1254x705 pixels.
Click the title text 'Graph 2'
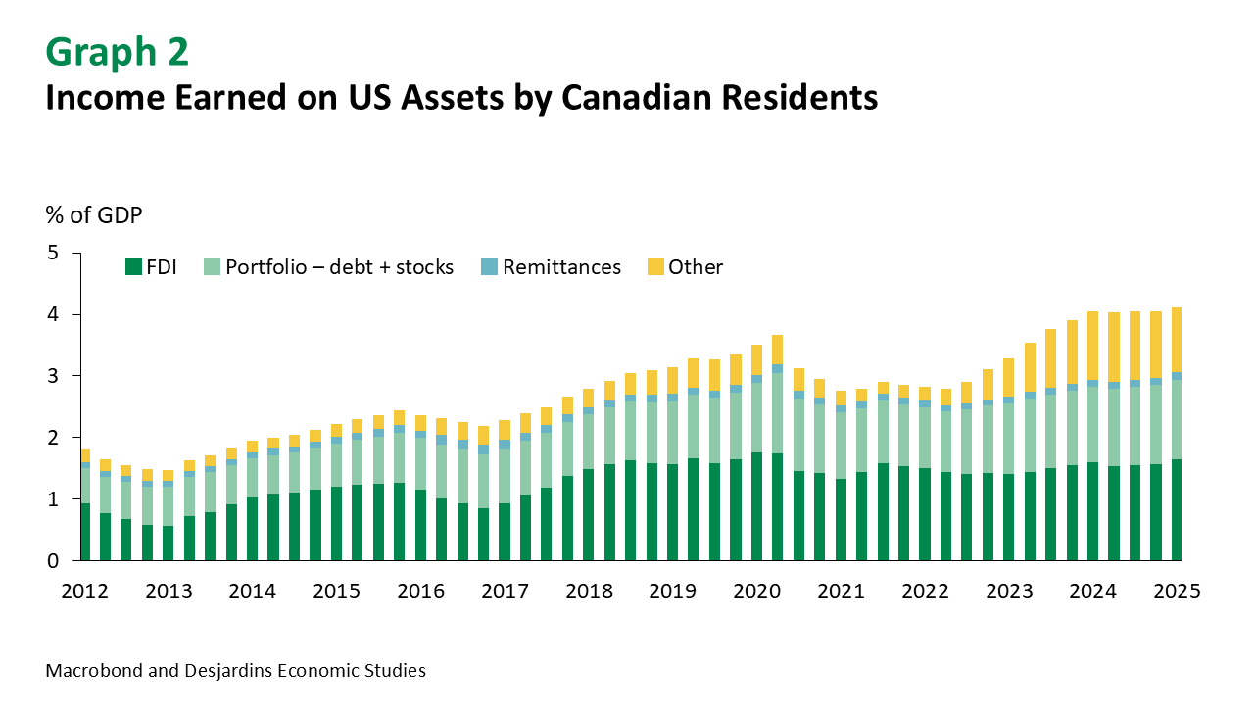pos(118,52)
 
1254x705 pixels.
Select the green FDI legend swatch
pos(132,267)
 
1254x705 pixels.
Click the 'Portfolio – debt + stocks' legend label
pos(339,267)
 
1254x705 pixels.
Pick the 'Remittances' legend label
pos(561,267)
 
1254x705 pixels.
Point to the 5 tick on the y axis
pos(53,254)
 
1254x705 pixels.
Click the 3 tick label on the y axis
pos(53,376)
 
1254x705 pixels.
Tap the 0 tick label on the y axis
pos(53,561)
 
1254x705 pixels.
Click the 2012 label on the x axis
pos(85,591)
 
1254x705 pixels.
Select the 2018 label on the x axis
pos(588,591)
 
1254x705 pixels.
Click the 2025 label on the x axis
pos(1175,591)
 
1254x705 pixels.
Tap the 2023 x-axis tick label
pos(1007,591)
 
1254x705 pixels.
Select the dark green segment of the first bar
pos(85,532)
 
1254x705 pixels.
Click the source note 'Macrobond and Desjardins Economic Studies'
pos(235,671)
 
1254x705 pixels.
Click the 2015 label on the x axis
pos(337,591)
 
